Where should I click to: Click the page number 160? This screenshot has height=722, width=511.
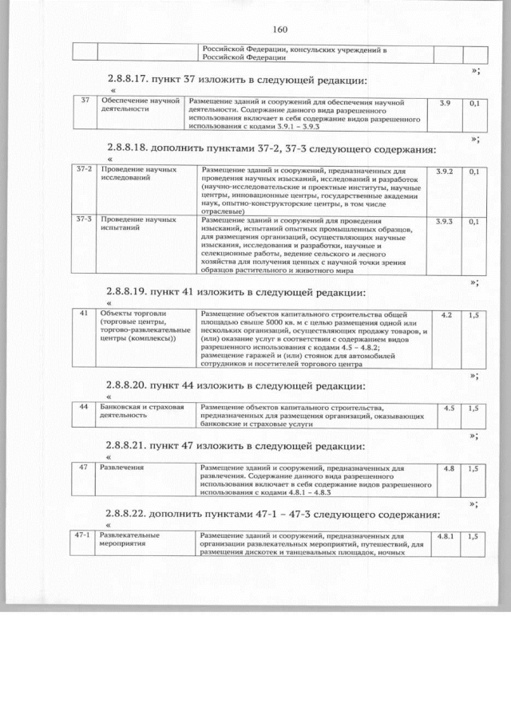coord(279,30)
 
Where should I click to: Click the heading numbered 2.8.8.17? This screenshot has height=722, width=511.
coord(236,80)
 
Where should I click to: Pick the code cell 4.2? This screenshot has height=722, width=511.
coord(446,316)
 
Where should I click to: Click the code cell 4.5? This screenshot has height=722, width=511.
coord(447,408)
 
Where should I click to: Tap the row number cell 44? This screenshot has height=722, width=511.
coord(83,408)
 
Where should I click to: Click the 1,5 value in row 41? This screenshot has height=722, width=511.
coord(473,316)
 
